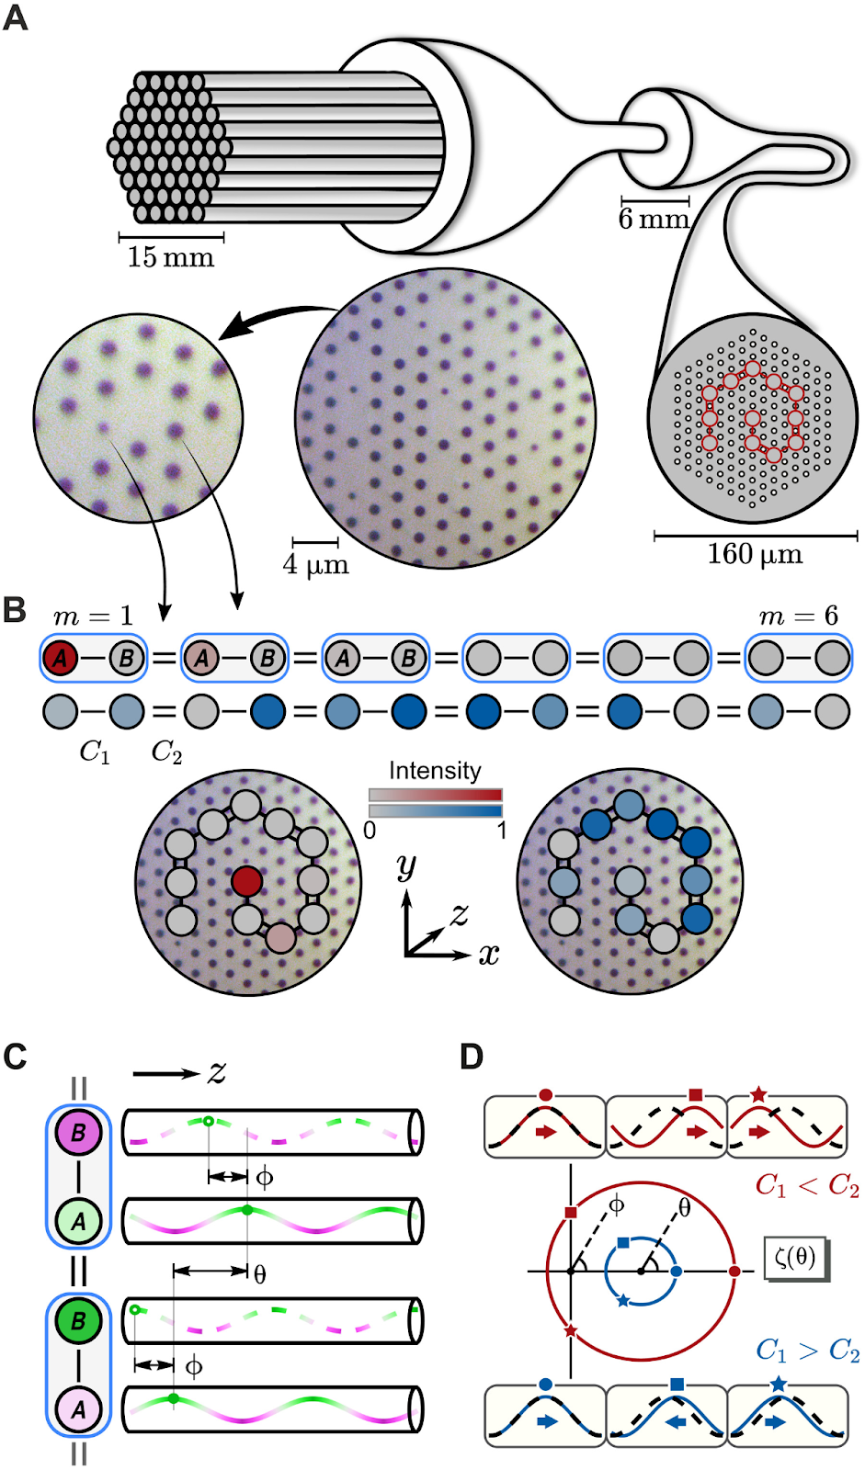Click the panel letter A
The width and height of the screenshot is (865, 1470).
[x=16, y=17]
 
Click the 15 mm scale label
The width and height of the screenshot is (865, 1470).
[x=171, y=257]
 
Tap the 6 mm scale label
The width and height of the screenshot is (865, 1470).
[x=654, y=220]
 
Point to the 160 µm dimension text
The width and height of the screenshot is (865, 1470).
[x=755, y=554]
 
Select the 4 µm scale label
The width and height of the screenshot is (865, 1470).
[x=315, y=564]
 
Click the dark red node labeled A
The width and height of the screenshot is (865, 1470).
[x=61, y=658]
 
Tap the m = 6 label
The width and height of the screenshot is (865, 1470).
[x=798, y=616]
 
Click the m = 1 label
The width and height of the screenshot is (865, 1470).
[x=93, y=616]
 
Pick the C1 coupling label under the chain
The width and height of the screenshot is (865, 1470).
[x=95, y=752]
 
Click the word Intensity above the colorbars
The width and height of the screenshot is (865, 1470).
[x=435, y=770]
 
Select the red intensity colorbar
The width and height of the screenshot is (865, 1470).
[x=435, y=795]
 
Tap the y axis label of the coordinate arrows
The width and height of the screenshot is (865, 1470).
[x=406, y=865]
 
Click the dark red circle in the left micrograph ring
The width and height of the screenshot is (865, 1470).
[x=246, y=881]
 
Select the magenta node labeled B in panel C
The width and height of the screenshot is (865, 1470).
[x=78, y=1133]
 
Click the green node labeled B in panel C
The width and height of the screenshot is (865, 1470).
[x=78, y=1320]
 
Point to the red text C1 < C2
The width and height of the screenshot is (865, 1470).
[x=807, y=1186]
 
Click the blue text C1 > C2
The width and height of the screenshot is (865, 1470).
[x=807, y=1351]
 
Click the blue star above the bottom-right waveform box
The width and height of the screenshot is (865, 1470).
[x=779, y=1384]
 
